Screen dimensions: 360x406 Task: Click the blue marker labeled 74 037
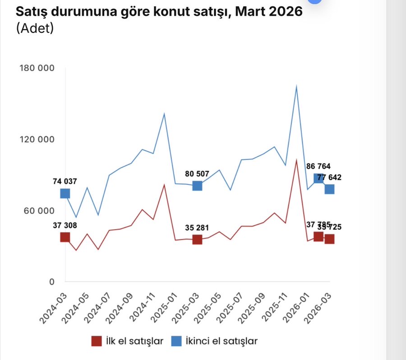(65, 194)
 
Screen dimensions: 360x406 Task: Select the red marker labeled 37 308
(65, 237)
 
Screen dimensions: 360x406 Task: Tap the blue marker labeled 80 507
(197, 186)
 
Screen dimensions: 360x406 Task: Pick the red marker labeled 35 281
(197, 240)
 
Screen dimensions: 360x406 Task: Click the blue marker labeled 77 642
(329, 189)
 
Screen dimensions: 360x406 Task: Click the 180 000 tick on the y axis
(37, 68)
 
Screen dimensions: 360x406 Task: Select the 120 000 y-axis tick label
(37, 140)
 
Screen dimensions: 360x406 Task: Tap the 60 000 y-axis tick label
(39, 211)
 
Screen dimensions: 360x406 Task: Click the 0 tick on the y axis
(51, 282)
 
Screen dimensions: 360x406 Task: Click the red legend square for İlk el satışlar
(96, 341)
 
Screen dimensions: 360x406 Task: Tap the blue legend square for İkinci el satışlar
(177, 341)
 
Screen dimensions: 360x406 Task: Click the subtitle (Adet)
(35, 28)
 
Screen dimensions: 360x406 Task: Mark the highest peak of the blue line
(296, 87)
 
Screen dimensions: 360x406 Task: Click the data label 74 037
(65, 182)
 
